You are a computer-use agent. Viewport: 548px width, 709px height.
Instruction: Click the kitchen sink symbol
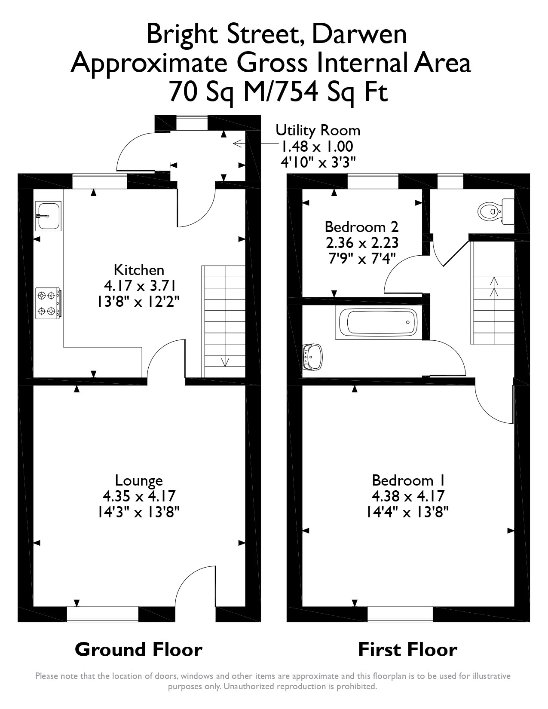(49, 215)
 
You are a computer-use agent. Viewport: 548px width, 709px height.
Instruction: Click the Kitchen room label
(139, 270)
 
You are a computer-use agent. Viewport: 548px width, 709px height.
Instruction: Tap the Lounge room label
(139, 480)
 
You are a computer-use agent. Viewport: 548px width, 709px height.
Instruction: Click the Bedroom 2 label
(361, 226)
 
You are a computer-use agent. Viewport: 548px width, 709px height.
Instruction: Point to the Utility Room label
(318, 130)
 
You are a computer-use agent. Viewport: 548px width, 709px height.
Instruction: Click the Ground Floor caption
(138, 649)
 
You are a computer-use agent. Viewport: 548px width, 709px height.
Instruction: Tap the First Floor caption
(407, 649)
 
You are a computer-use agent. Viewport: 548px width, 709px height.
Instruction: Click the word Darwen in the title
(359, 35)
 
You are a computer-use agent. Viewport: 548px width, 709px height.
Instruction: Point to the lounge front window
(103, 614)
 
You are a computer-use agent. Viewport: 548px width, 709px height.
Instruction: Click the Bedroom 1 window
(400, 614)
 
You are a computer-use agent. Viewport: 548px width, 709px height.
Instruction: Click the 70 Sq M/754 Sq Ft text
(279, 92)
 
